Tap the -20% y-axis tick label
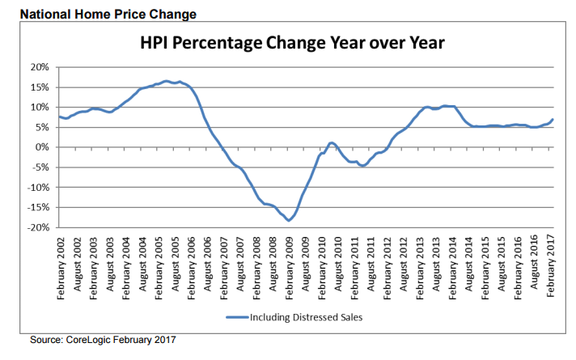[38, 227]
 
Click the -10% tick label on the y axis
[38, 188]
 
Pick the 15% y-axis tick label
[40, 87]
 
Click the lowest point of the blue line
[288, 220]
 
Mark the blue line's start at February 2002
[59, 116]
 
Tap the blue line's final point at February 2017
[553, 120]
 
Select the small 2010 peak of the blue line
[332, 142]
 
